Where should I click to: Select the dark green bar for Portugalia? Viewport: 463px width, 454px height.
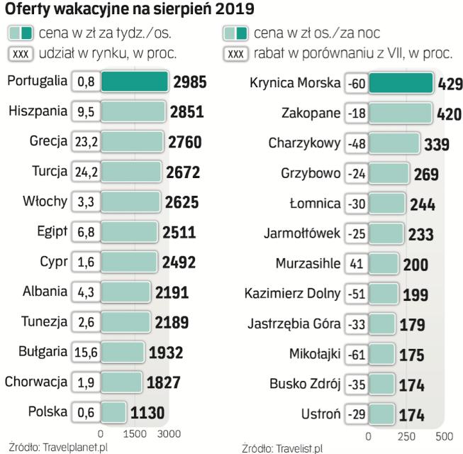coord(135,83)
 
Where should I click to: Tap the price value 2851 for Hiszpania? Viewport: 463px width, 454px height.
coord(187,112)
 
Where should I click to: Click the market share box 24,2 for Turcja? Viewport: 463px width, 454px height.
coord(86,172)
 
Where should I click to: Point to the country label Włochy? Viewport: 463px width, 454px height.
coord(45,201)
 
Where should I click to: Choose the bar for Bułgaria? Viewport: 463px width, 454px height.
coord(123,351)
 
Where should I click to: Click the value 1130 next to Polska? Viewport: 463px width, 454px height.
coord(148,412)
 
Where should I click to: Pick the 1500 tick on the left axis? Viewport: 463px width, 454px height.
coord(135,433)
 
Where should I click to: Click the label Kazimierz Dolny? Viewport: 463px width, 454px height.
coord(292,293)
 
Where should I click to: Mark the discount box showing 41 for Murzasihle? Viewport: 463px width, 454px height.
coord(357,264)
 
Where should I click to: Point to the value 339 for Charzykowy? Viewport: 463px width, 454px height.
coord(436,144)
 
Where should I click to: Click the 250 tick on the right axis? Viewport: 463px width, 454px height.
coord(406,436)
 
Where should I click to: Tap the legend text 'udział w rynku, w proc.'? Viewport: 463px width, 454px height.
coord(117,53)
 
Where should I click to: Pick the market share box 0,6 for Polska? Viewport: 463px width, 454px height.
coord(86,411)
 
